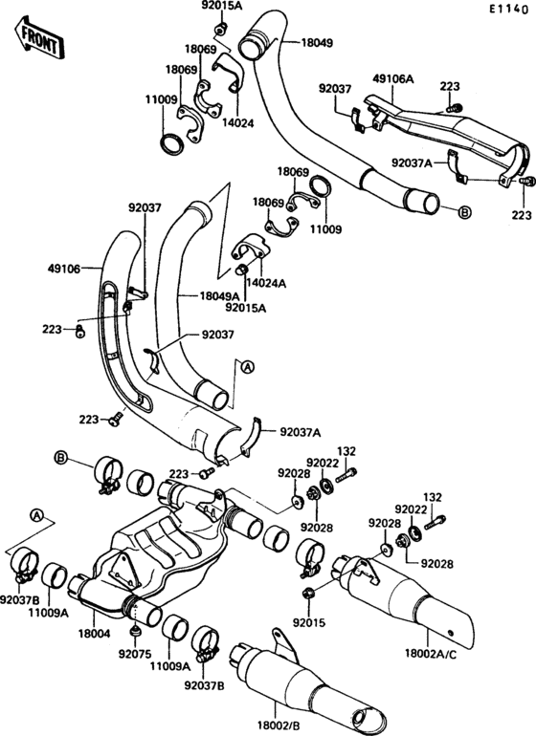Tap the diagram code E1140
pos(508,10)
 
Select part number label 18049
pos(317,43)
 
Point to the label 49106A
pos(393,78)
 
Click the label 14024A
pos(267,283)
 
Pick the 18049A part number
pos(219,295)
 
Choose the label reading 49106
pos(64,269)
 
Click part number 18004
pos(94,634)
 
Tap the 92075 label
pos(134,653)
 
